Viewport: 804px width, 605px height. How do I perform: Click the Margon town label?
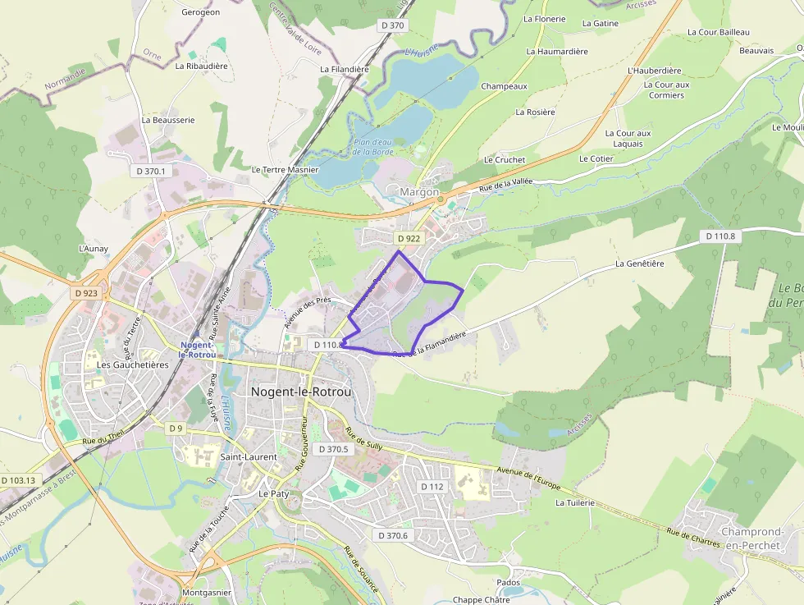click(419, 192)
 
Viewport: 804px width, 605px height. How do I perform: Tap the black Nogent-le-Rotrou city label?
click(301, 392)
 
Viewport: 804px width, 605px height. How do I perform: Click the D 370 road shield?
click(392, 25)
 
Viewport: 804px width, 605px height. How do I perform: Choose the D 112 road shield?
click(432, 487)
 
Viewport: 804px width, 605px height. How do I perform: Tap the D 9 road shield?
click(176, 429)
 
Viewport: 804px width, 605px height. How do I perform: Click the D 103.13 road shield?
click(18, 480)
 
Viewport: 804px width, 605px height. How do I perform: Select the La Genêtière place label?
click(640, 264)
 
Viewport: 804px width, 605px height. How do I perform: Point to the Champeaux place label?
click(504, 86)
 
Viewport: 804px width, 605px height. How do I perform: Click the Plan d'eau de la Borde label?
click(373, 147)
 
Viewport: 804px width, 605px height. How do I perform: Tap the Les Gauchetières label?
click(132, 364)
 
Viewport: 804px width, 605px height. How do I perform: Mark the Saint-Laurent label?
click(249, 457)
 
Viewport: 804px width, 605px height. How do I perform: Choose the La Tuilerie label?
click(574, 502)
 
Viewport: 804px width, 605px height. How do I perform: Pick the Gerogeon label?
click(200, 12)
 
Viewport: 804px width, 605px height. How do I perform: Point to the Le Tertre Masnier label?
click(284, 170)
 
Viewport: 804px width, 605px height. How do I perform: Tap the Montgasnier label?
click(206, 592)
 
